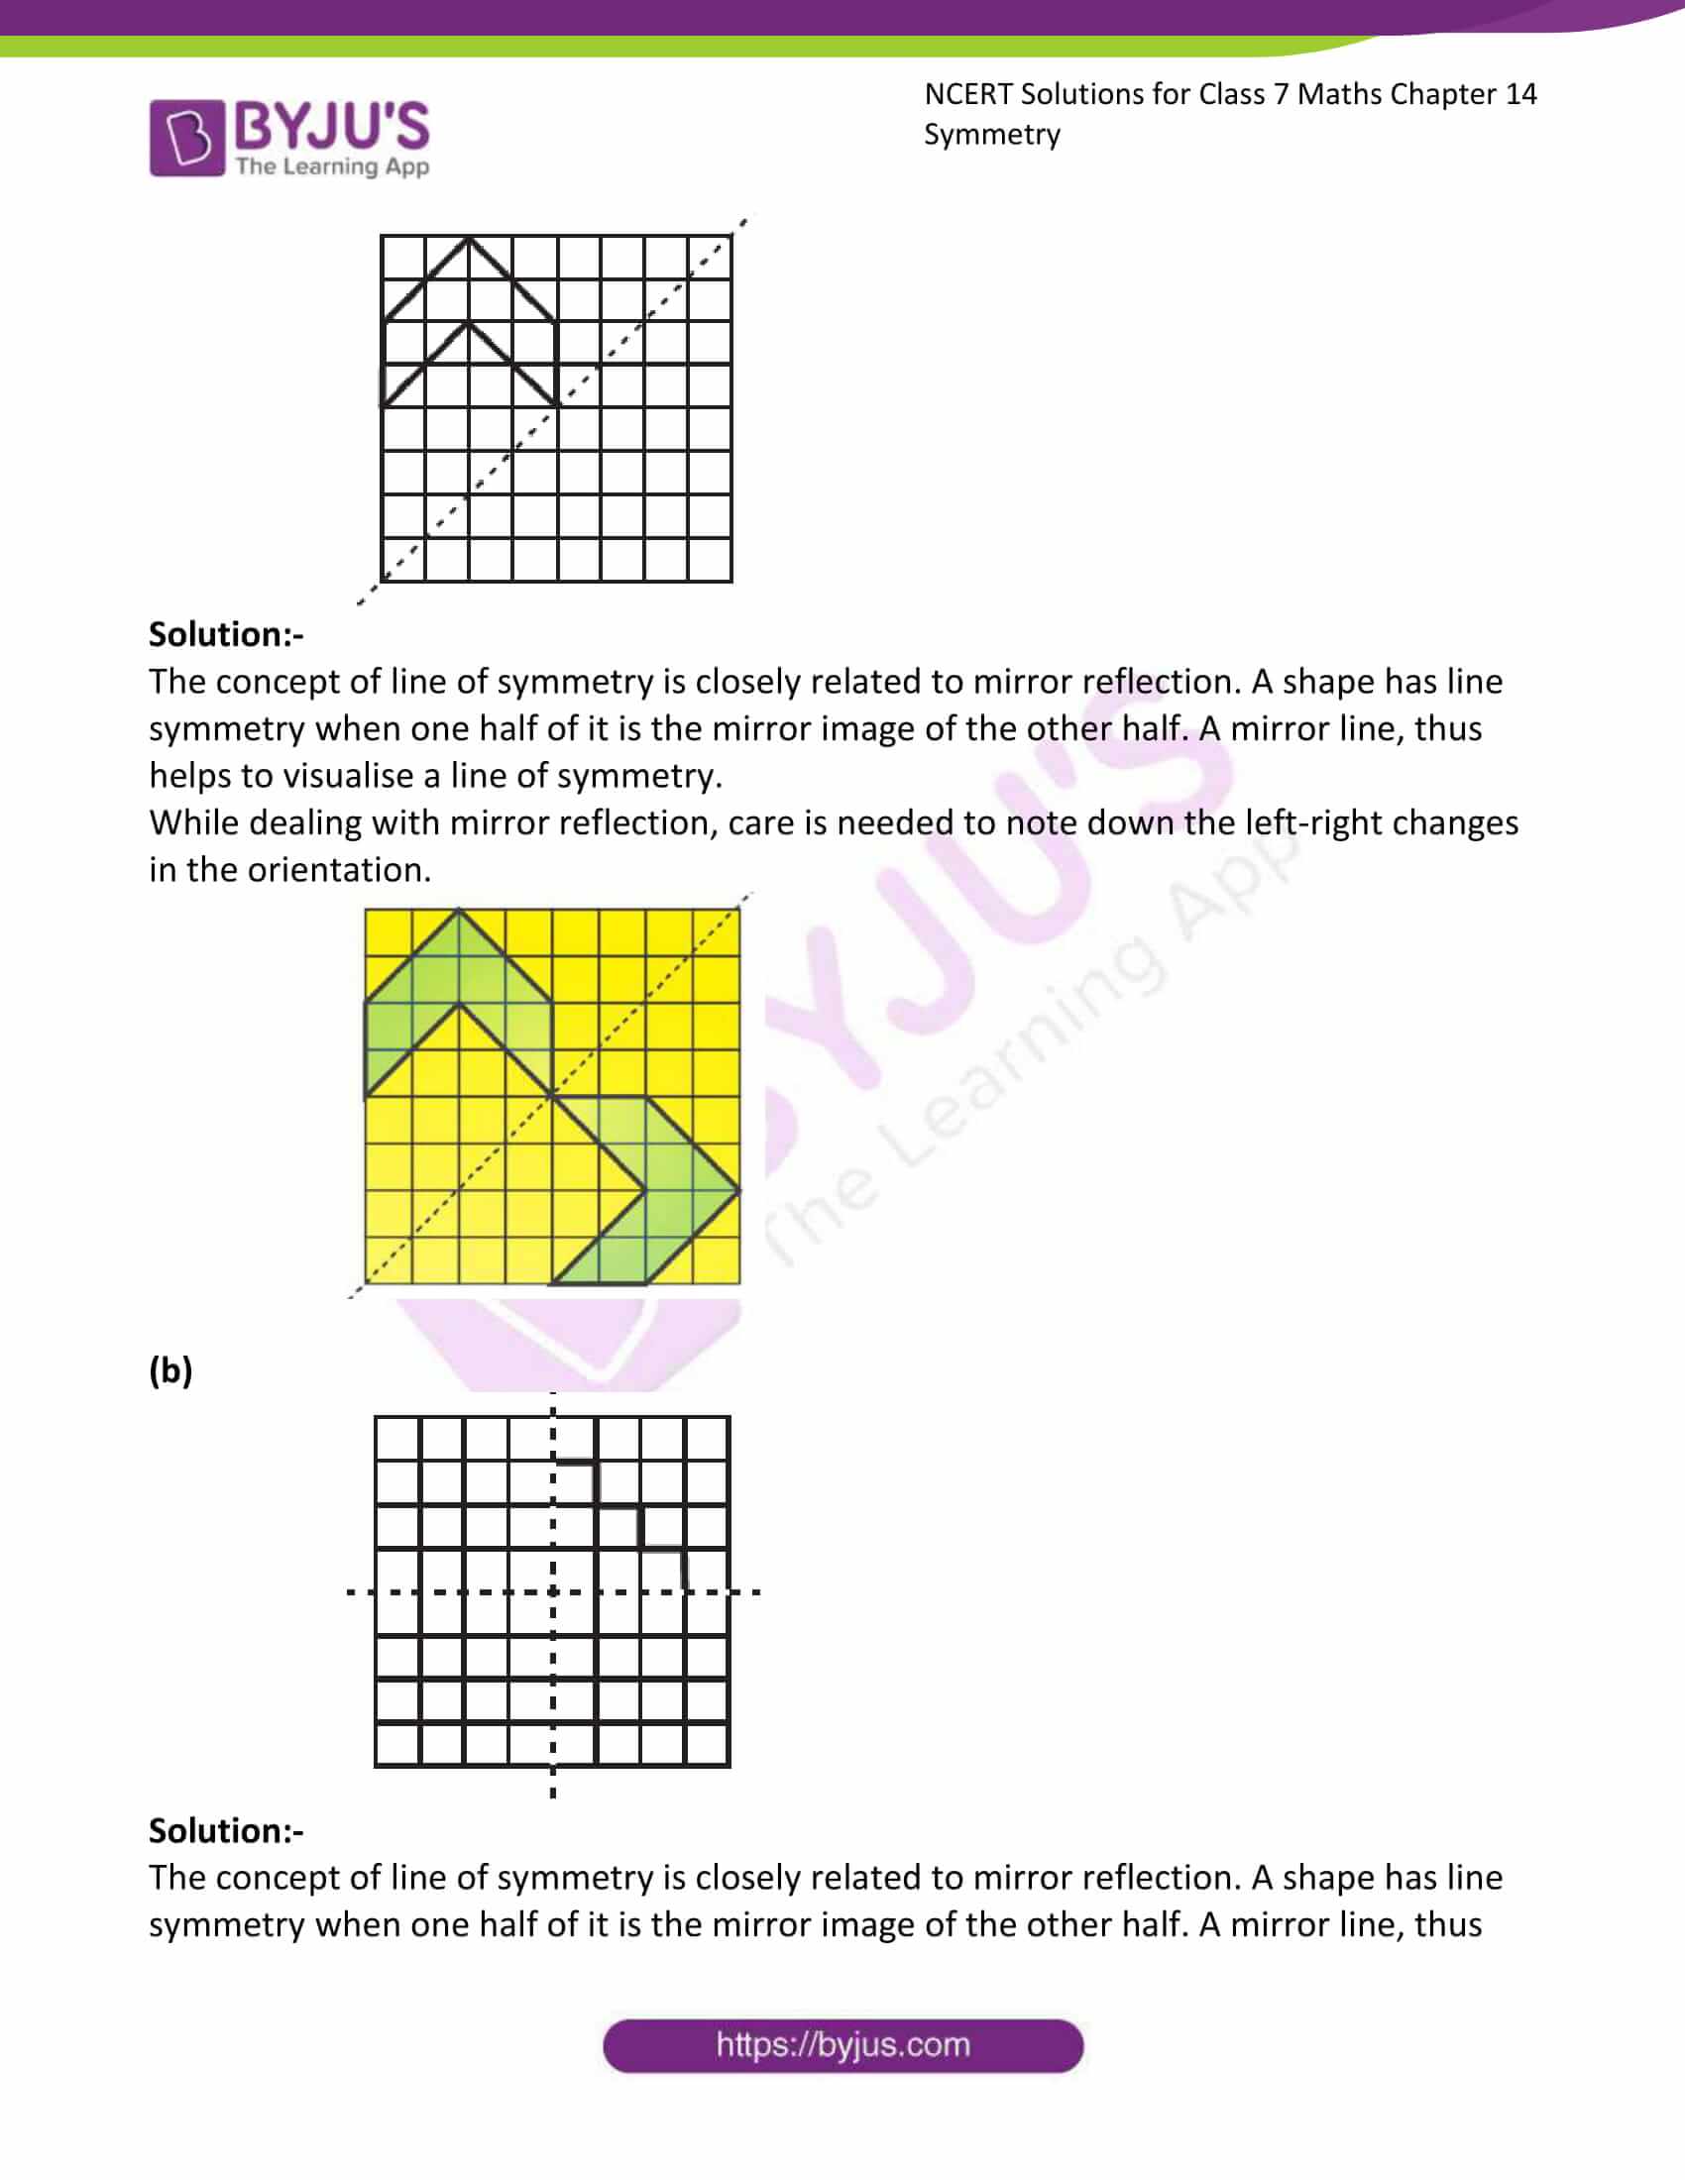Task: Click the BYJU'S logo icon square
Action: point(186,138)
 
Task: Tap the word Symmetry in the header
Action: point(991,135)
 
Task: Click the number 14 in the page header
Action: point(1520,94)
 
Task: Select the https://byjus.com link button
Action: point(842,2045)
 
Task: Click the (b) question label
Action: point(170,1369)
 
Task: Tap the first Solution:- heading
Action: point(227,634)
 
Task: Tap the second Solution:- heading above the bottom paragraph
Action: point(227,1830)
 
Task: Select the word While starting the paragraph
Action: point(193,822)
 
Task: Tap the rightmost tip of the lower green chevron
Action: point(738,1191)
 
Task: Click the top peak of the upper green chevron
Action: point(458,910)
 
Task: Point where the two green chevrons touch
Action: point(552,1096)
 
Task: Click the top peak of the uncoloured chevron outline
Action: point(468,238)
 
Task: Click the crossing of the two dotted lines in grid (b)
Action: point(553,1592)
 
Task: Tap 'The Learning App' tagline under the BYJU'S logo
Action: point(332,166)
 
